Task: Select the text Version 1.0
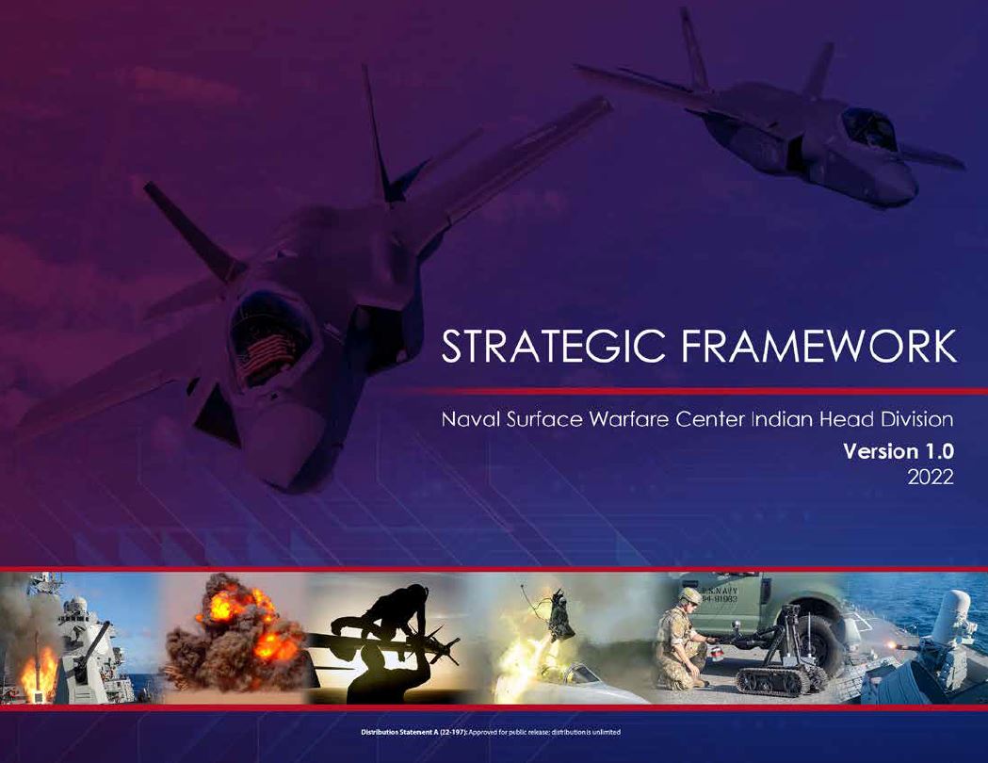(x=899, y=452)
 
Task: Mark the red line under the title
(x=697, y=390)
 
